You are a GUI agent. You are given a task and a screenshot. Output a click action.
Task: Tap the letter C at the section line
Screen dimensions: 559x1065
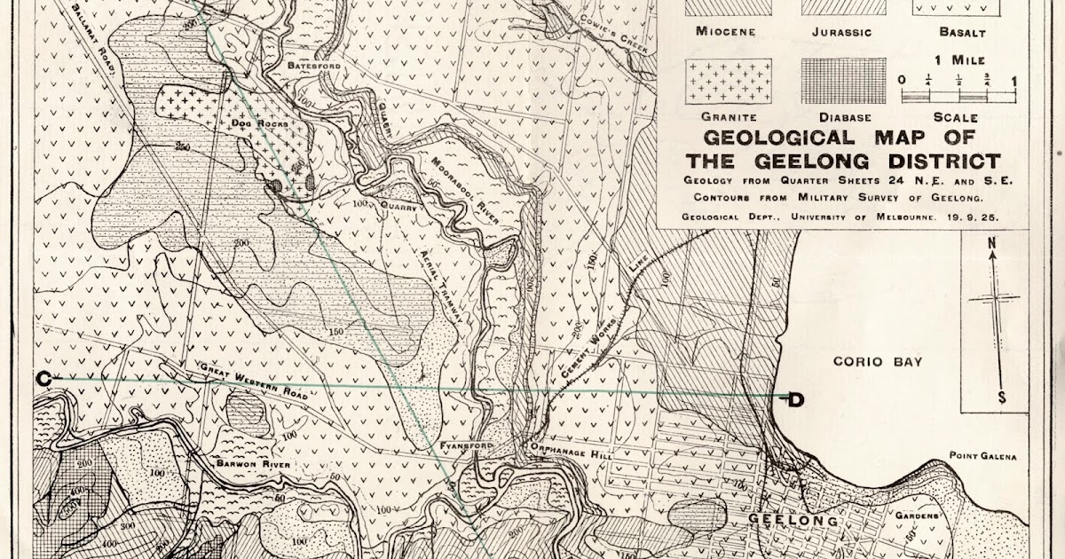[43, 379]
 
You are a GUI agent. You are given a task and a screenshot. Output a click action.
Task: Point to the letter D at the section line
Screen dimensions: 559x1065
[796, 400]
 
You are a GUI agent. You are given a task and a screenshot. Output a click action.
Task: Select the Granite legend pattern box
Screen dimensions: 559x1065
[729, 82]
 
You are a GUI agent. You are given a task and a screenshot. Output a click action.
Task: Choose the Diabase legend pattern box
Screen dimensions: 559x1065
[844, 82]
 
